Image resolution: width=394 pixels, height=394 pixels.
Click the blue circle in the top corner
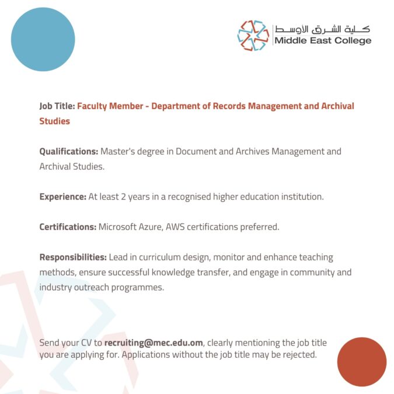43,39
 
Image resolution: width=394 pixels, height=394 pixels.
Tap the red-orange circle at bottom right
362,361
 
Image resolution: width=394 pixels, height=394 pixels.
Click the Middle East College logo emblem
253,35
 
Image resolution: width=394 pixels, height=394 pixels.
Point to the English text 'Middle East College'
323,41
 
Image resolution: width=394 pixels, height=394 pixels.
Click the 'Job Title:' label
57,106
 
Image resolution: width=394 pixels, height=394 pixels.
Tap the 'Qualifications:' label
69,152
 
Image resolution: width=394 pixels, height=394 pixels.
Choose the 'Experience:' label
63,197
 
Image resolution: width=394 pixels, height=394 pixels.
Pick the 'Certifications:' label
68,226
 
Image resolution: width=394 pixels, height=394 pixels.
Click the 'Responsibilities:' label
73,257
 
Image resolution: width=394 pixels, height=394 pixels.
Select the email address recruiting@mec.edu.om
154,343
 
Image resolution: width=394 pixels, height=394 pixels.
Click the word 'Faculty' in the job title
93,106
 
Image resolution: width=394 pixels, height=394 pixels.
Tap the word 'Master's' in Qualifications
119,152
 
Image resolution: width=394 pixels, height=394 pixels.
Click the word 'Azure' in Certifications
153,226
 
